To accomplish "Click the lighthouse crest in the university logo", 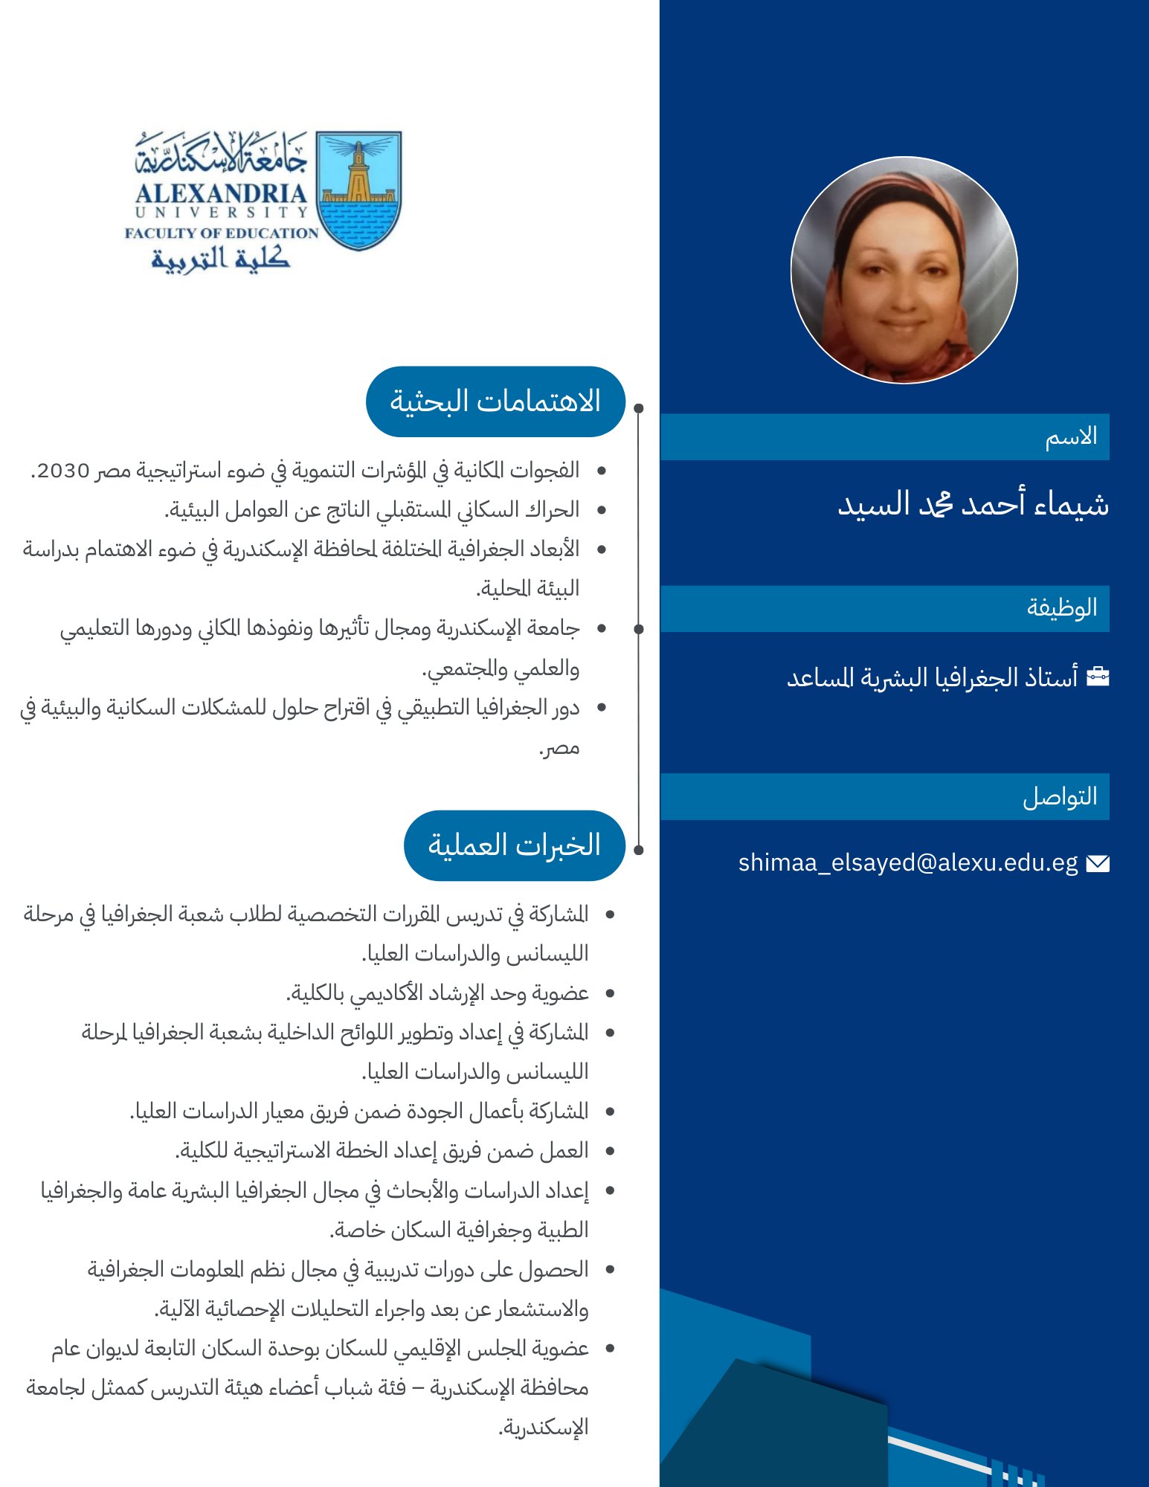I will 358,190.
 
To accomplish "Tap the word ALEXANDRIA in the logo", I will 221,193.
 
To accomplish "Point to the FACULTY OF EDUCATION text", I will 221,233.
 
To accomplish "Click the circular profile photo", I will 904,270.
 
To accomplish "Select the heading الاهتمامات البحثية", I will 495,401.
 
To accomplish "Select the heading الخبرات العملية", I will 514,845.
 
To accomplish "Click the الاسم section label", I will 1071,436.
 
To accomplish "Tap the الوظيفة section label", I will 1061,608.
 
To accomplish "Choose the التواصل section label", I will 1060,796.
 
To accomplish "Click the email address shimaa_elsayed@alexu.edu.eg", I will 907,862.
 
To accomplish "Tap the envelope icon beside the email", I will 1098,863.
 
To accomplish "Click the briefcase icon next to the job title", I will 1098,677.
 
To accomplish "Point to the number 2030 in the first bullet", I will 63,471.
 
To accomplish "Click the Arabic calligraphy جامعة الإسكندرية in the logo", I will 221,152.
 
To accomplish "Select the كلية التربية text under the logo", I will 220,258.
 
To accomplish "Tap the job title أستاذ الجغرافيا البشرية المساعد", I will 932,677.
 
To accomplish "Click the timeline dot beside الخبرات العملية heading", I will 639,849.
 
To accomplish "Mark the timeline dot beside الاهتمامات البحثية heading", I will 639,408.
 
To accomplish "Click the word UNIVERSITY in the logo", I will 221,213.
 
